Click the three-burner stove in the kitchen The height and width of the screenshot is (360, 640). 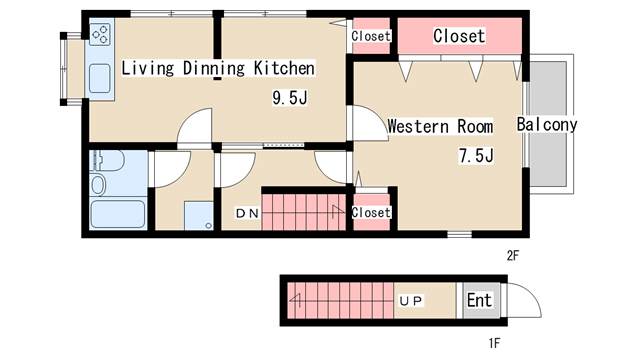click(x=100, y=38)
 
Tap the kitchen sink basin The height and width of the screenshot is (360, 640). click(x=100, y=78)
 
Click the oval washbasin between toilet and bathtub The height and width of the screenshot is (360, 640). click(x=97, y=184)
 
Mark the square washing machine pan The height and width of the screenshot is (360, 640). click(x=197, y=214)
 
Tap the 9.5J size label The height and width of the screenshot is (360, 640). click(x=291, y=98)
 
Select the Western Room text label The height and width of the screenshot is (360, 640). click(x=440, y=127)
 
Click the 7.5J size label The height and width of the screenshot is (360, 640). click(x=477, y=156)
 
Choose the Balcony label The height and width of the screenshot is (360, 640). click(x=547, y=125)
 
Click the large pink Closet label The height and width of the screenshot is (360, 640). click(x=458, y=36)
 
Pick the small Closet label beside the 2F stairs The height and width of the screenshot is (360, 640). click(x=371, y=213)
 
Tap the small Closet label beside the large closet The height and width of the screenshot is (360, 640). click(x=371, y=36)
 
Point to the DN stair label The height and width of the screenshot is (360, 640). click(x=246, y=213)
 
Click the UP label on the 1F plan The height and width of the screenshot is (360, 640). click(x=411, y=299)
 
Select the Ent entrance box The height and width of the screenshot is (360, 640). click(x=479, y=299)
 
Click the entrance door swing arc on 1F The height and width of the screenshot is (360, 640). click(x=523, y=297)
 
